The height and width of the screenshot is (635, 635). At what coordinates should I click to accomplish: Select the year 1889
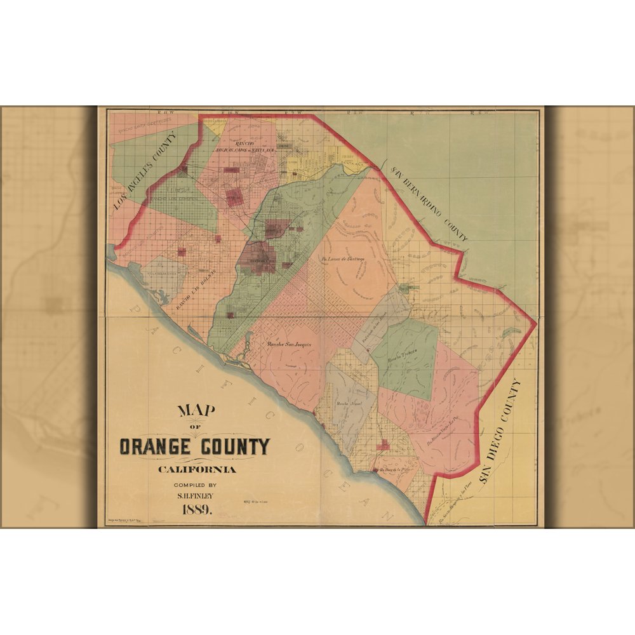pos(197,509)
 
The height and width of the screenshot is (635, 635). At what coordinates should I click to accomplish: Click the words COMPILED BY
pos(197,485)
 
